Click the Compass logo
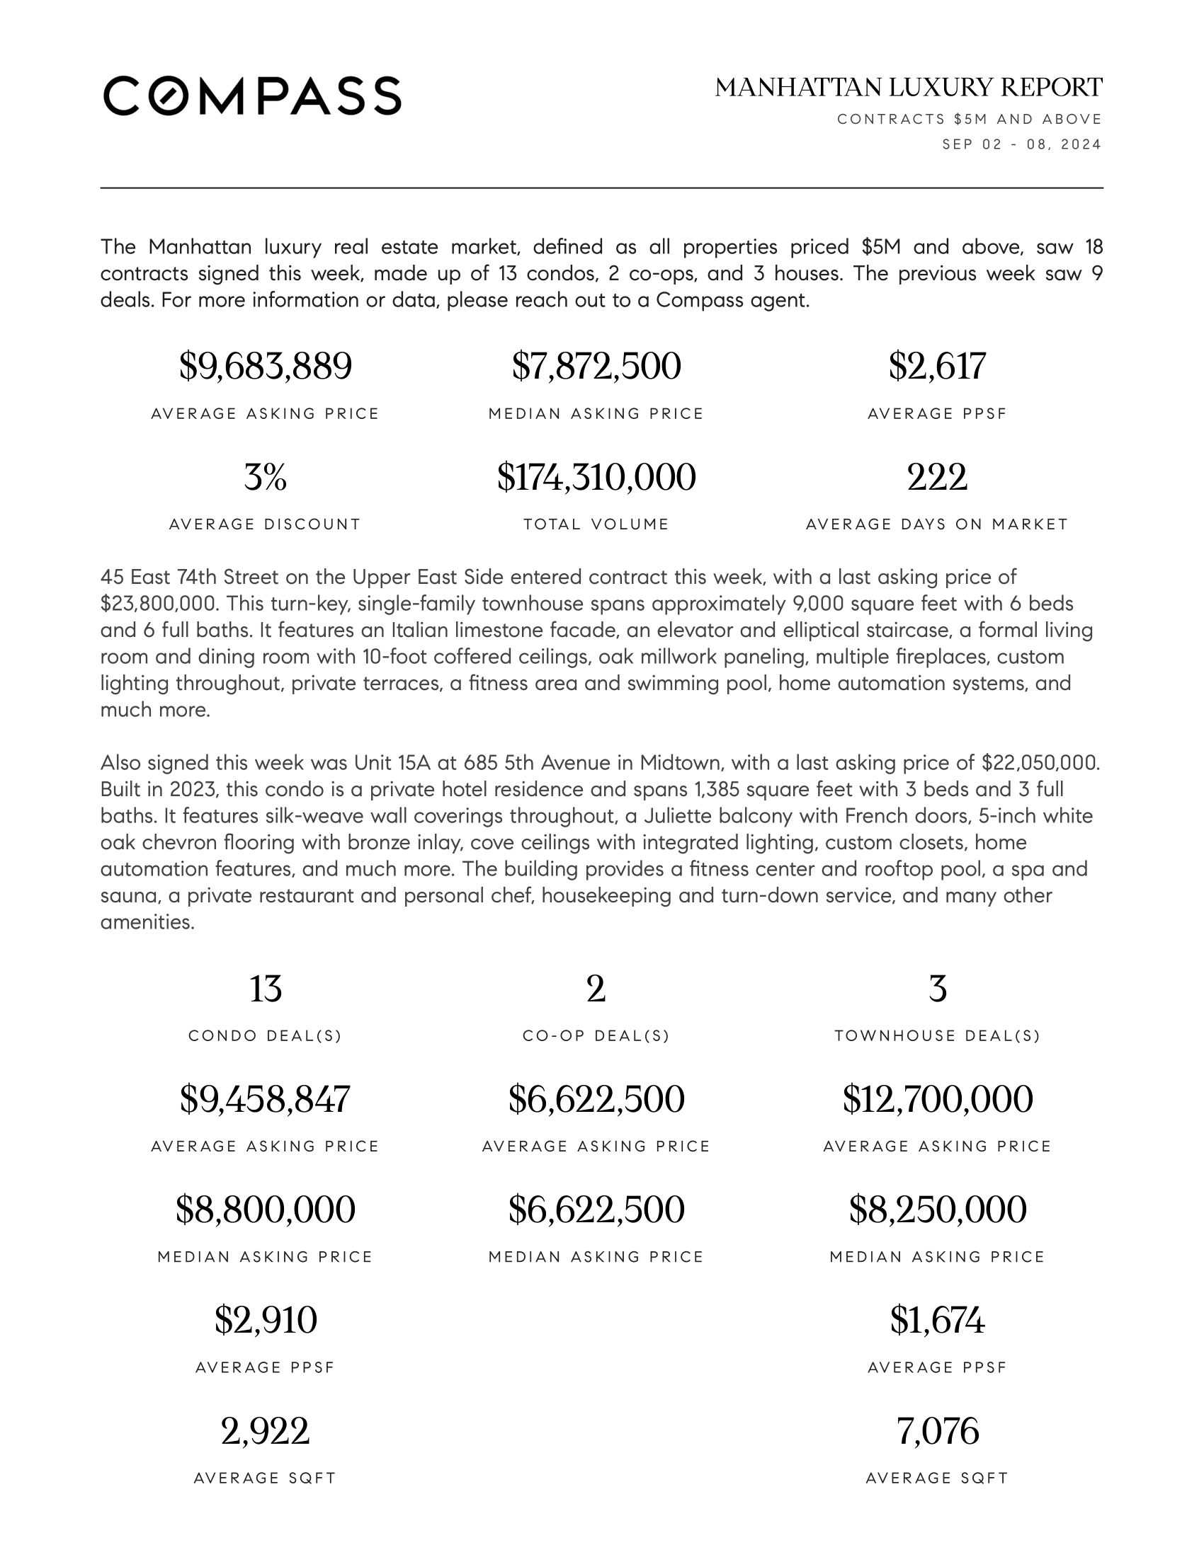[252, 96]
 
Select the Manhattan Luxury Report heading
[909, 88]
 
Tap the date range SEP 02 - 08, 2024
[1021, 144]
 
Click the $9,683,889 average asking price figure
[266, 367]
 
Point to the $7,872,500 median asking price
[596, 367]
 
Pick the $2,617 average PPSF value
[937, 367]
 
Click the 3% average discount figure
[266, 477]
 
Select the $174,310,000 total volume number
[596, 477]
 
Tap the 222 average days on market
[937, 477]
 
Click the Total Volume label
[596, 524]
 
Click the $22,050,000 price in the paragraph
[1040, 763]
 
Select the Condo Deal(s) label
[266, 1036]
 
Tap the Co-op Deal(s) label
[596, 1036]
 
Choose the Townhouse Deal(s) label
[937, 1036]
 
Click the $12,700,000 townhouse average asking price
[937, 1098]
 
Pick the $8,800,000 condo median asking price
[266, 1209]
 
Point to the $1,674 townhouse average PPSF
[937, 1320]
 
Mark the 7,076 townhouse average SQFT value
[937, 1431]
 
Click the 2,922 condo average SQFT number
[266, 1431]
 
